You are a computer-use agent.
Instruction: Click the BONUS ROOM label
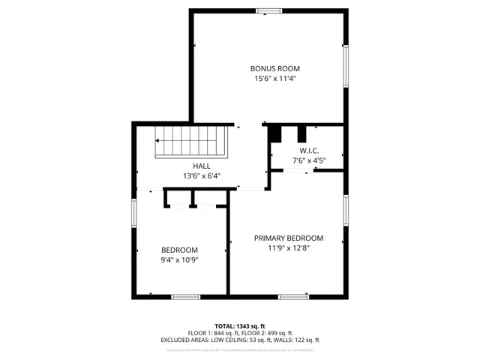pos(269,68)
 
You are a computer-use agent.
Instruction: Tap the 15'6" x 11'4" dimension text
pos(269,78)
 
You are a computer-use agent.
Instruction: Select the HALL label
pos(201,166)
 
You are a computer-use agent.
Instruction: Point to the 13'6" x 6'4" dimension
pos(201,176)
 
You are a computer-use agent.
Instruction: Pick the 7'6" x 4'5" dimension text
pos(308,160)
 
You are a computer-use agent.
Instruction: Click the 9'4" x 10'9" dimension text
pos(179,259)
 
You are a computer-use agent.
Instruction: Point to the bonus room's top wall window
pos(267,10)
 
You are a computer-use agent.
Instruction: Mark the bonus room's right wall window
pos(346,66)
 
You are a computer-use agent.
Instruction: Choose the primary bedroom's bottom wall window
pos(293,296)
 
